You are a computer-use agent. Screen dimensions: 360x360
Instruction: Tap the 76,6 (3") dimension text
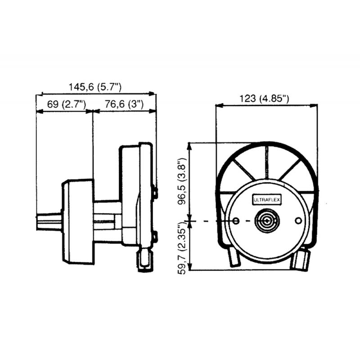click(x=124, y=104)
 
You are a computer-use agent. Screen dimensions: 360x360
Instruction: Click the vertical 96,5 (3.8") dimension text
click(x=181, y=181)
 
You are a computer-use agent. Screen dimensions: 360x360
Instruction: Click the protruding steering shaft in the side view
click(x=49, y=222)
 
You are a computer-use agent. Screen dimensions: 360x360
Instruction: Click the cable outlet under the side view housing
click(x=145, y=262)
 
